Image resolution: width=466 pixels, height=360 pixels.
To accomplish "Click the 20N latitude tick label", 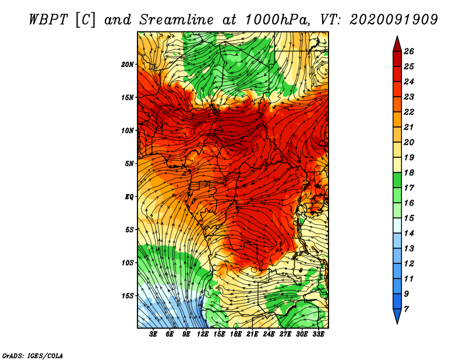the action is [x=128, y=65].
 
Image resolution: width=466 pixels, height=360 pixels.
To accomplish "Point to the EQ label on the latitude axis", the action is [x=129, y=197].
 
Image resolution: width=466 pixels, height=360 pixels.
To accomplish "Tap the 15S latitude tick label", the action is [x=128, y=296].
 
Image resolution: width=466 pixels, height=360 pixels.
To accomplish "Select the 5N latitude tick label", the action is [x=129, y=164].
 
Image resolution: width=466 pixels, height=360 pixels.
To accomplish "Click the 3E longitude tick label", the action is [x=153, y=334].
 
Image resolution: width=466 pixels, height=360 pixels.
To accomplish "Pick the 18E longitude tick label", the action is [x=235, y=334].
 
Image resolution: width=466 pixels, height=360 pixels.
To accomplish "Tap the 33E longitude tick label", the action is [x=318, y=334].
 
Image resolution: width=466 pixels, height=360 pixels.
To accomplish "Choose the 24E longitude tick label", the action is [x=269, y=334].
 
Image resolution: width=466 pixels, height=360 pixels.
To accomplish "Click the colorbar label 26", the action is [x=409, y=51].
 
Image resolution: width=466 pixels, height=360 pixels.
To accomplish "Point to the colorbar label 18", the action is [x=409, y=172].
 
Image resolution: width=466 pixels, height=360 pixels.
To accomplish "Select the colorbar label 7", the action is [x=406, y=309].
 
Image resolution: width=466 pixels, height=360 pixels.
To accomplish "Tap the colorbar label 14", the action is [x=409, y=234].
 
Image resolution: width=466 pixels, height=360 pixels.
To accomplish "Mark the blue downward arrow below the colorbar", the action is [x=397, y=316].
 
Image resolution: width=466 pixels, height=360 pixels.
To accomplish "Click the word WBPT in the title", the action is [x=49, y=20].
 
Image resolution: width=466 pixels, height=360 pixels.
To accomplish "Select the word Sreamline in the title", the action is [x=176, y=20].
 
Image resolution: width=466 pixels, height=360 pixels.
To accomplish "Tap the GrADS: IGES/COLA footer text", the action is [x=33, y=356].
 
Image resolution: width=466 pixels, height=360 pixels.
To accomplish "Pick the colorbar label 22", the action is [x=409, y=112].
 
